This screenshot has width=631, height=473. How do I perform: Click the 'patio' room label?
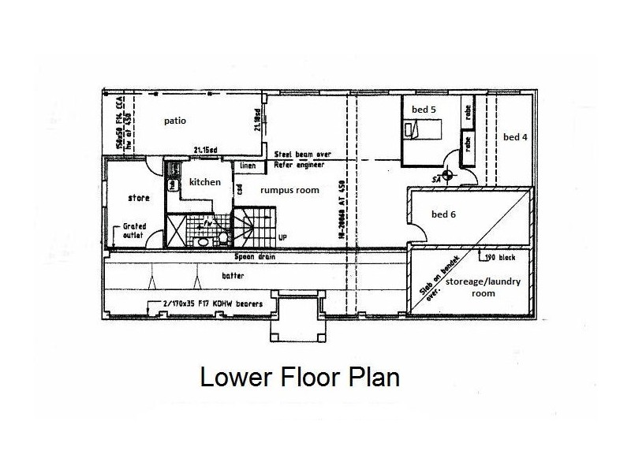tap(175, 121)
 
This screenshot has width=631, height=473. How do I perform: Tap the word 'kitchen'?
tap(205, 182)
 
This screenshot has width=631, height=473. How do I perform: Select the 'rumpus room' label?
tap(273, 190)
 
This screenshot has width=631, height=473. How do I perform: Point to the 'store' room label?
tap(139, 198)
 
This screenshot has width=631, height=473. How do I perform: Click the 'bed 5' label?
tap(423, 110)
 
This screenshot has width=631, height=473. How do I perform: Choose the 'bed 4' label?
tap(515, 136)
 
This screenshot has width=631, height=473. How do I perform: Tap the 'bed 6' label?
tap(443, 214)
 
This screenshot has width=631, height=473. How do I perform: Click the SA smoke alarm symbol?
tap(447, 176)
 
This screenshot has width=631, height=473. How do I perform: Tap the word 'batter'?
tap(233, 275)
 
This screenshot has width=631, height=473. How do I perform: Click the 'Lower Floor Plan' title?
tap(300, 377)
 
